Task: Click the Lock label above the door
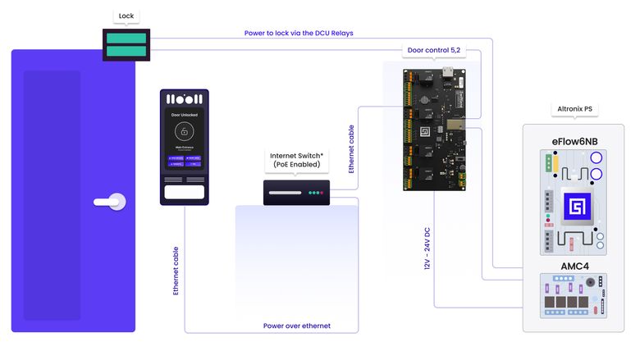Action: tap(126, 16)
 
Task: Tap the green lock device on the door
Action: tap(126, 44)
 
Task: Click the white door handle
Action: tap(111, 200)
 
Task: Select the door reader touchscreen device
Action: tap(184, 147)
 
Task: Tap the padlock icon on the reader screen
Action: tap(185, 132)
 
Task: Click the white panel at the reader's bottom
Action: tap(184, 193)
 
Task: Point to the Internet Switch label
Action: tap(298, 160)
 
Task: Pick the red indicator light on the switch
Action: tap(323, 194)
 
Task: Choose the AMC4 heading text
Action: tap(574, 267)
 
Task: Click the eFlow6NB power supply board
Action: tap(574, 201)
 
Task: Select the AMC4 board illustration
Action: tap(574, 298)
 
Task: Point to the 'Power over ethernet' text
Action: tap(296, 326)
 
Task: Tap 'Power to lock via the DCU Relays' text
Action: tap(299, 33)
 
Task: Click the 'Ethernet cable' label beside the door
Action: tap(176, 270)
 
